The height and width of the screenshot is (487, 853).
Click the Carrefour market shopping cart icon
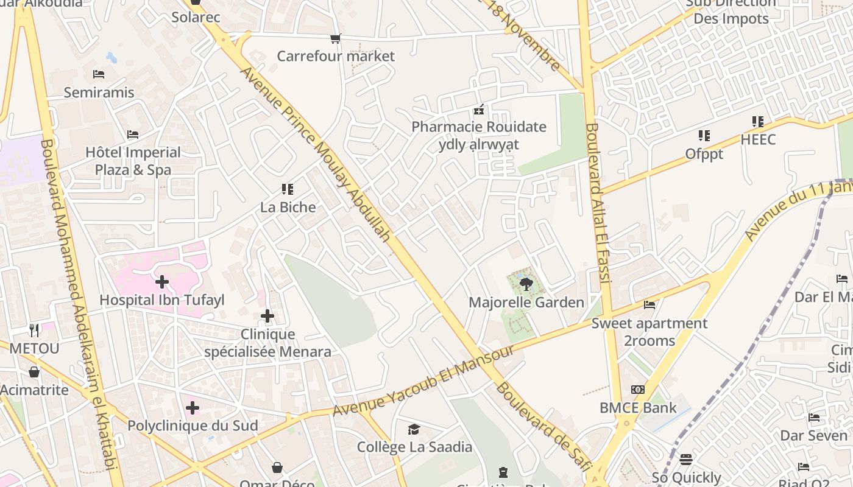[x=335, y=39]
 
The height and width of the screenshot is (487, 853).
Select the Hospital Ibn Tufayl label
[x=162, y=300]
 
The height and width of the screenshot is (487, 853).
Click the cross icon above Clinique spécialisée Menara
[x=267, y=316]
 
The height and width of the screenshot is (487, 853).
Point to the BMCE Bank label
[x=638, y=408]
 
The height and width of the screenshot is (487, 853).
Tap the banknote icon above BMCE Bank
[x=638, y=390]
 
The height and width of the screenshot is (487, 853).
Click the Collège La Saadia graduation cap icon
[x=414, y=429]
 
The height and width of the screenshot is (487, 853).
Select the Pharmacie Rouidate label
[x=479, y=127]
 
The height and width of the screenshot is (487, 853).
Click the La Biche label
[x=288, y=207]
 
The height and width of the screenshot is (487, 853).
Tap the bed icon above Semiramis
[x=99, y=74]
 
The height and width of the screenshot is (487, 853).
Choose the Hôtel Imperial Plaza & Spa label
[x=133, y=161]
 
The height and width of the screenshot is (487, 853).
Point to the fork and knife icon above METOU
[x=34, y=331]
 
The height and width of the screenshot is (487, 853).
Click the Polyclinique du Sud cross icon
[x=193, y=407]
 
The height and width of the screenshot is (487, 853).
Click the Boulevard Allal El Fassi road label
[x=597, y=203]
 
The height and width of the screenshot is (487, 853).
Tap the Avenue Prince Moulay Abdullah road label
[x=316, y=153]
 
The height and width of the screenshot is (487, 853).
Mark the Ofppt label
[x=704, y=154]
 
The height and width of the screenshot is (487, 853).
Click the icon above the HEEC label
[x=757, y=122]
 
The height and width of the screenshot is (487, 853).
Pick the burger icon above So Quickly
[x=686, y=459]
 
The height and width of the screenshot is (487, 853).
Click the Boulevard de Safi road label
[x=543, y=426]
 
